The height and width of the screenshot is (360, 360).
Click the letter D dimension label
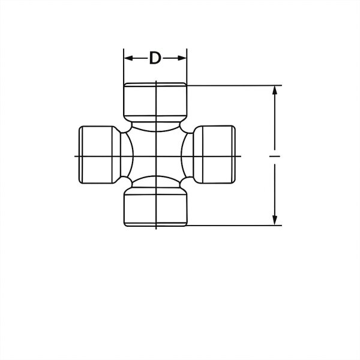[x=155, y=58]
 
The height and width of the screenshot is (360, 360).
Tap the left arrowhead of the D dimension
[x=127, y=58]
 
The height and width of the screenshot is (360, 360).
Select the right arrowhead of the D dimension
[x=184, y=58]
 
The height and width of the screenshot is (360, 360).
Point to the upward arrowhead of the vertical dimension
[x=275, y=90]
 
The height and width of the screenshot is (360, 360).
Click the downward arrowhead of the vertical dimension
[x=275, y=221]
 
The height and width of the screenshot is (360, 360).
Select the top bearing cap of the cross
[x=155, y=101]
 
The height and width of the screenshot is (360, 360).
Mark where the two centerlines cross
[x=156, y=156]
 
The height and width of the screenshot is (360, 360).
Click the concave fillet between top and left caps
[x=128, y=128]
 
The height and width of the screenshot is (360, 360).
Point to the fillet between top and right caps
[x=184, y=128]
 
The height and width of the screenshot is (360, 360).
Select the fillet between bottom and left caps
[x=128, y=183]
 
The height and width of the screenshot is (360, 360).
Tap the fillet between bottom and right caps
[x=184, y=183]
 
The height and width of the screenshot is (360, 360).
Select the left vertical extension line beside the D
[x=124, y=69]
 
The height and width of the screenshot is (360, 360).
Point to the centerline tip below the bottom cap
[x=156, y=229]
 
